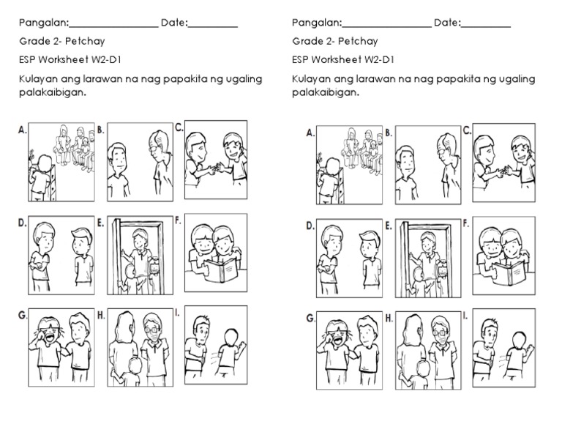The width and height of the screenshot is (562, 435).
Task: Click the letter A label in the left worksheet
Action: [23, 130]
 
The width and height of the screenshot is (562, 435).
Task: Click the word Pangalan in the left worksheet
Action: [43, 23]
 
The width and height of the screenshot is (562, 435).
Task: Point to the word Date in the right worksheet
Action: [446, 23]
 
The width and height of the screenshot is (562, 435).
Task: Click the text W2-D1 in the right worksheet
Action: [378, 60]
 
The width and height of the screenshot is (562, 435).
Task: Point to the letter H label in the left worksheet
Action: [101, 316]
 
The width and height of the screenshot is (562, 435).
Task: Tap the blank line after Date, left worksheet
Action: [214, 26]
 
